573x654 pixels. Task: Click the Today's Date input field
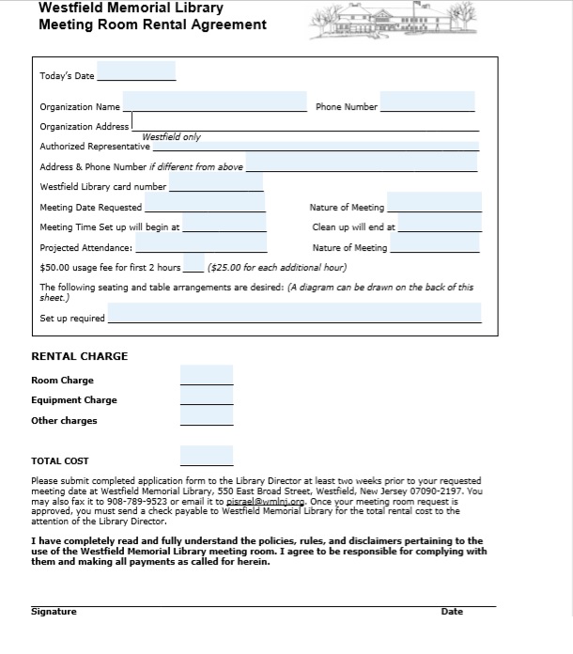click(136, 72)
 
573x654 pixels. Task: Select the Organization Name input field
click(214, 101)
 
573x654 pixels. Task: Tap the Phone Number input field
click(427, 101)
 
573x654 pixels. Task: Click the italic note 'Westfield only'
click(171, 137)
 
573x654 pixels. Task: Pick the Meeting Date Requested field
click(204, 203)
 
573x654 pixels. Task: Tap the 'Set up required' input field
click(294, 314)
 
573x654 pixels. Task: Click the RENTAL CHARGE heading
click(80, 357)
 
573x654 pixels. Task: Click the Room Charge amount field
click(206, 376)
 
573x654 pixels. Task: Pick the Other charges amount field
click(206, 416)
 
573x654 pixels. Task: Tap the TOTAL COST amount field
click(206, 457)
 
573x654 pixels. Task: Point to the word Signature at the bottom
click(54, 612)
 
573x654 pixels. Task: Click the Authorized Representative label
click(95, 147)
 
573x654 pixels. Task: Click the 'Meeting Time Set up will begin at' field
click(225, 224)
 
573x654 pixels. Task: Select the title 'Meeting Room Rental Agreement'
click(152, 24)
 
